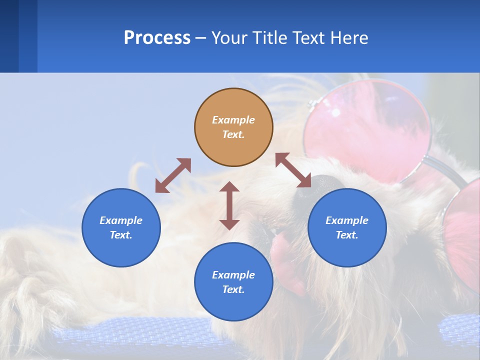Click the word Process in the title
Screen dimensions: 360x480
pos(157,38)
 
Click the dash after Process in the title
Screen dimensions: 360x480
pos(201,38)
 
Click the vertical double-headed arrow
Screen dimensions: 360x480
pos(229,205)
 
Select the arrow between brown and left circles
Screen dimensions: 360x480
pos(173,175)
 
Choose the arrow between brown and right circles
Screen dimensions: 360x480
pos(293,170)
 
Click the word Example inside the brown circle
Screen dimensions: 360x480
pos(233,120)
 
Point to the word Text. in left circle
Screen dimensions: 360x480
pos(121,235)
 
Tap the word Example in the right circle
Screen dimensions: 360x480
pos(347,220)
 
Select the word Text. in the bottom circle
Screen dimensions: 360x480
pos(233,289)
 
